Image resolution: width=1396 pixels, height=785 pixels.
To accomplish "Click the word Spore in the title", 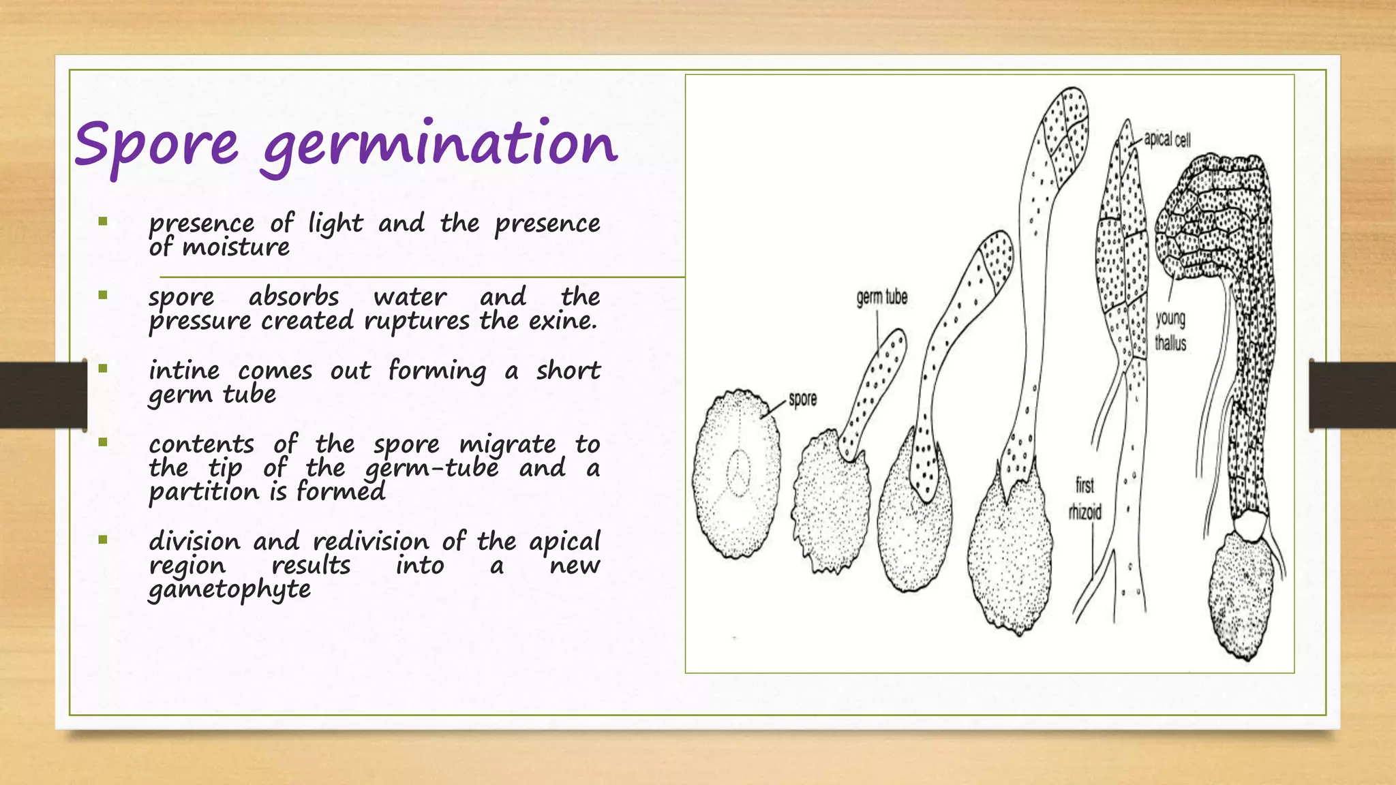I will pos(156,146).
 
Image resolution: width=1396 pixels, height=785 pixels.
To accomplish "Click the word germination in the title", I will pos(440,146).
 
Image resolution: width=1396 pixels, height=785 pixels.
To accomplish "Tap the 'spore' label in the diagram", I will pos(802,399).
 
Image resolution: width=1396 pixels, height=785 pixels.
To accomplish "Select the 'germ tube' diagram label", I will pos(881,298).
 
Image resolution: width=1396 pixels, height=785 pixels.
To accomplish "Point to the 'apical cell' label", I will pos(1167,140).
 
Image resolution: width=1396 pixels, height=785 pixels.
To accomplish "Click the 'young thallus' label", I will pos(1170,330).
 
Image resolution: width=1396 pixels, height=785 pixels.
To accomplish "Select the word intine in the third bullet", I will pos(184,370).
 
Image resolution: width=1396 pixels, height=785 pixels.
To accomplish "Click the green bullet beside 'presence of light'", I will pos(103,221).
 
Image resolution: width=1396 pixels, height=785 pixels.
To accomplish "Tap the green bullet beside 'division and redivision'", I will pos(103,540).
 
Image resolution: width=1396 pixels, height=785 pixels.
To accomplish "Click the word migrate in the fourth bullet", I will pos(507,444).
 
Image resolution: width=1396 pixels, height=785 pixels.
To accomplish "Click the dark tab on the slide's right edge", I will pos(1352,395).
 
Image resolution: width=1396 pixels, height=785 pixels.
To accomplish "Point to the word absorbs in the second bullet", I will pos(293,296).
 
